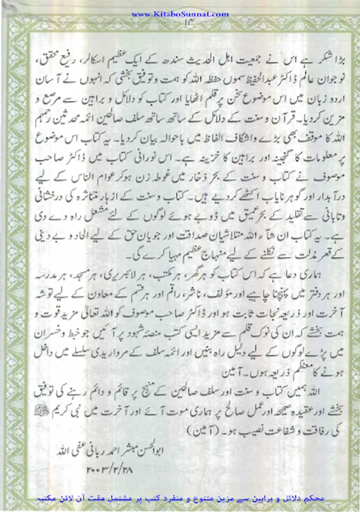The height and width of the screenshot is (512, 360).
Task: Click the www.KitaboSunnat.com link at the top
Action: point(180,14)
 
